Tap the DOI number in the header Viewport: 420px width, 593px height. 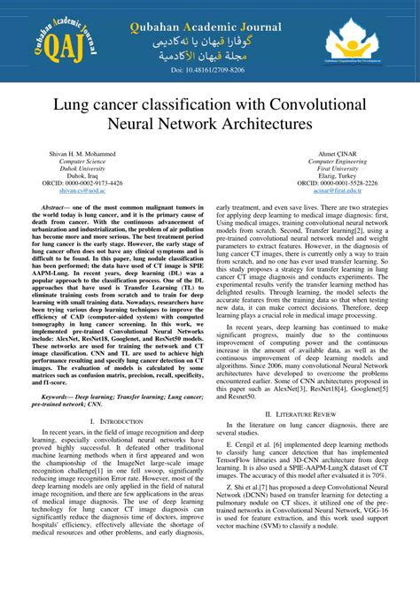(210, 69)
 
